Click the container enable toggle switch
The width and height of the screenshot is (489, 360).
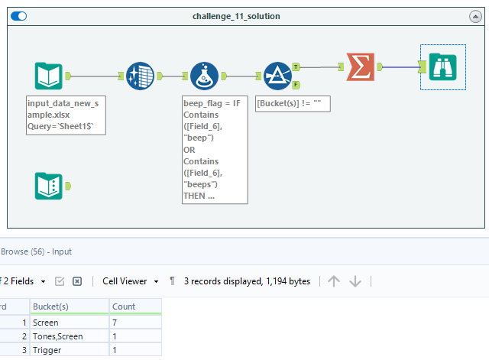pos(18,16)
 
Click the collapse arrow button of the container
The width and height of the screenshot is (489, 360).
pos(474,16)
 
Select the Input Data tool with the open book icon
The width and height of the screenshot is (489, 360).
pos(48,76)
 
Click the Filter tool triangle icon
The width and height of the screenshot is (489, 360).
pos(277,76)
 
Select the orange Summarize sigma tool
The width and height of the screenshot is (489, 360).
pos(359,66)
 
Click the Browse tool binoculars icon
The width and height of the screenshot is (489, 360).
pos(442,66)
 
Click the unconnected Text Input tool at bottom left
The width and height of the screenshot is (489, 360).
pos(48,186)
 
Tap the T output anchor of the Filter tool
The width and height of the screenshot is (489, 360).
pos(296,67)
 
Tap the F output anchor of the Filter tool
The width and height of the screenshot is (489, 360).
pos(296,84)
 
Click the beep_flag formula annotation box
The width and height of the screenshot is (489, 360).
pos(215,150)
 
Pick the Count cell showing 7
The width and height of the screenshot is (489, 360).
pos(134,323)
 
